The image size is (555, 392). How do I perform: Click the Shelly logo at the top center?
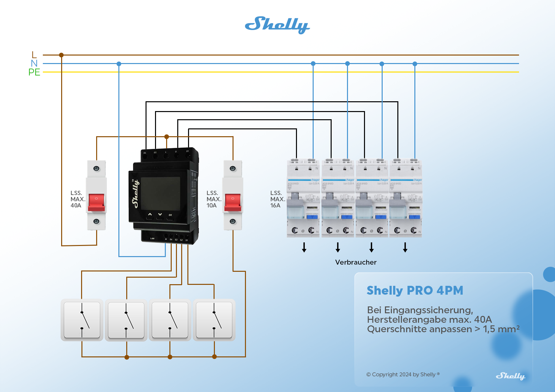point(277,25)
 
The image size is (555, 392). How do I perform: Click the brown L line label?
point(34,55)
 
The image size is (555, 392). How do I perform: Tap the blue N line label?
point(34,63)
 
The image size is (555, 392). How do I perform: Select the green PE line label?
point(34,72)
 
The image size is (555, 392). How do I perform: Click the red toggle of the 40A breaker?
point(96,202)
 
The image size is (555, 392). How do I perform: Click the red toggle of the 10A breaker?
point(233,202)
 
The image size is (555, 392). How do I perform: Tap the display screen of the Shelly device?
point(160,194)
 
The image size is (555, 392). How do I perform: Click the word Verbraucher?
point(356,262)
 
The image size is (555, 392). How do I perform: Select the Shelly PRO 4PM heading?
point(415,290)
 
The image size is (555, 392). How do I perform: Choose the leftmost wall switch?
point(82,320)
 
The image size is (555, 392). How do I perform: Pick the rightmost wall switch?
point(214,320)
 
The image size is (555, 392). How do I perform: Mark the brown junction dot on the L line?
point(61,55)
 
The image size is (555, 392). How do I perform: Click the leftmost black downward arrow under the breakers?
point(304,248)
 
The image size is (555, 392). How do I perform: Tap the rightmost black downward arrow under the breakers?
point(405,248)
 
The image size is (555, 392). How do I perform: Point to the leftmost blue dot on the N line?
point(119,64)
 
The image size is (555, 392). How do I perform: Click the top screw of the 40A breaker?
point(96,169)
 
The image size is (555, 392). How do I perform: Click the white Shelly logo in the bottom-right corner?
point(510,376)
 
